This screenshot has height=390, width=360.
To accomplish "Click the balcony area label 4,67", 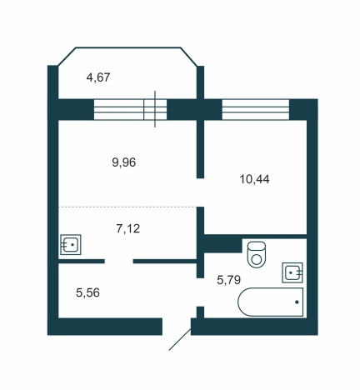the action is click(x=98, y=77).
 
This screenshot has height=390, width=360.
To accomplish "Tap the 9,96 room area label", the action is click(x=124, y=162).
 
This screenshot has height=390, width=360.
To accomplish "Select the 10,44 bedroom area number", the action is click(x=254, y=179).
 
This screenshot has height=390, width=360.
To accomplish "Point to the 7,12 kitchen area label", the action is click(x=128, y=228).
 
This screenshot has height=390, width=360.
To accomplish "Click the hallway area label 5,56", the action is click(x=87, y=292).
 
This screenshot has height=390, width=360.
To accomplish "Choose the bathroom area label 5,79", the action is click(x=228, y=280).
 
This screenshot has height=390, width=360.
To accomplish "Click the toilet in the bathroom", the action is click(x=257, y=254).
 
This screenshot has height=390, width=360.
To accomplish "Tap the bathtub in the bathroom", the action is click(x=270, y=302).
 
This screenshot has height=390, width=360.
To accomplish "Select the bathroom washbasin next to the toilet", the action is click(x=292, y=272).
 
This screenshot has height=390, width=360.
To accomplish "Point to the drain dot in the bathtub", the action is click(x=297, y=302).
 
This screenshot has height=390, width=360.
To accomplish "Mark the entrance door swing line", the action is click(x=180, y=339).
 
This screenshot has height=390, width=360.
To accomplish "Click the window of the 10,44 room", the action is click(x=256, y=109).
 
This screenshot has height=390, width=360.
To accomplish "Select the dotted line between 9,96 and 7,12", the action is click(x=127, y=207).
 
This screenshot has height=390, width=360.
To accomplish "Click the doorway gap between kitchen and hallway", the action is click(x=119, y=261).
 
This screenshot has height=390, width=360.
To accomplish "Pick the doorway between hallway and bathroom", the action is click(x=201, y=292).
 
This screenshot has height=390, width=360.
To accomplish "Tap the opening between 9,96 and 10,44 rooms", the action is click(x=201, y=192).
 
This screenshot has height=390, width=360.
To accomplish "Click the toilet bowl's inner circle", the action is click(x=257, y=259).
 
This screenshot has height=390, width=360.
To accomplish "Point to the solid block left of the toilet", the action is click(x=222, y=243).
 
